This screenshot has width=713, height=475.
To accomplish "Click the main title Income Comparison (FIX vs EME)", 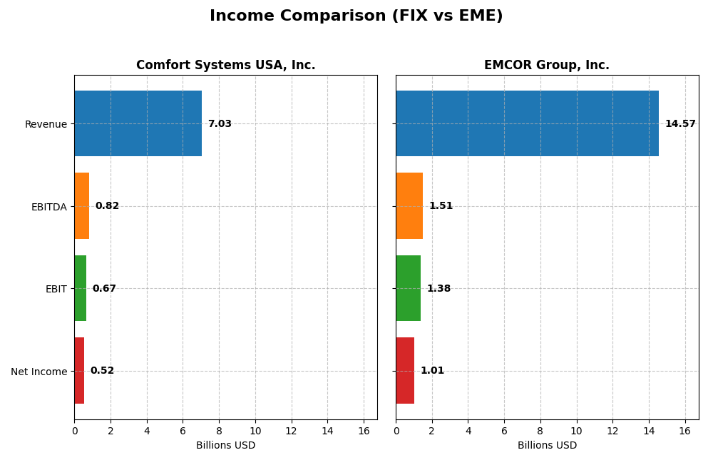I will [356, 16].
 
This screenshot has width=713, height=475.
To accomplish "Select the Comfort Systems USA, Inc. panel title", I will [225, 65].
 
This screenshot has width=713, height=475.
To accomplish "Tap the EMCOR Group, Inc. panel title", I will [547, 65].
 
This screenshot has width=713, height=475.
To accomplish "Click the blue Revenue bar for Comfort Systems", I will [138, 123].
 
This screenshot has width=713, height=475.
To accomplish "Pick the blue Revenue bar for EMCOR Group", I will [527, 123].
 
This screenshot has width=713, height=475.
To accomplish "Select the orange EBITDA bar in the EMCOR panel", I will [409, 205].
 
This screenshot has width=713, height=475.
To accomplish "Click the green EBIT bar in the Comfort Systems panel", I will [81, 288].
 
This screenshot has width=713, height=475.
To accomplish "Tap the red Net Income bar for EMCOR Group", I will [405, 370].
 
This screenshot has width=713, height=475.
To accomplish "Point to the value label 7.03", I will [220, 124].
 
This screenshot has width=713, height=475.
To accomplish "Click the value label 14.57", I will [680, 124].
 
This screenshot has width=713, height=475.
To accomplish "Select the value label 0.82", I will [107, 206].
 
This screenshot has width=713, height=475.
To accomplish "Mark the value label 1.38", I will [438, 289].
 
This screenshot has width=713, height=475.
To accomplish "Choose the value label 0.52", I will [102, 371].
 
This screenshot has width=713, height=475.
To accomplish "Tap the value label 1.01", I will [432, 371].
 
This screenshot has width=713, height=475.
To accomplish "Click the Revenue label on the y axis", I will [46, 124].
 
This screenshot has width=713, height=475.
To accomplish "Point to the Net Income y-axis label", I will [39, 372].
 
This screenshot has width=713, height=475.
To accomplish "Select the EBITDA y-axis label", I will [48, 207].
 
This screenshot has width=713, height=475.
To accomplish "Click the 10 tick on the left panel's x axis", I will [255, 431].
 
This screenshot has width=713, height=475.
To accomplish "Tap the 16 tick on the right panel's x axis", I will [684, 431].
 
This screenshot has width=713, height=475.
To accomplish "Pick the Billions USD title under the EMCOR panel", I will [547, 446].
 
